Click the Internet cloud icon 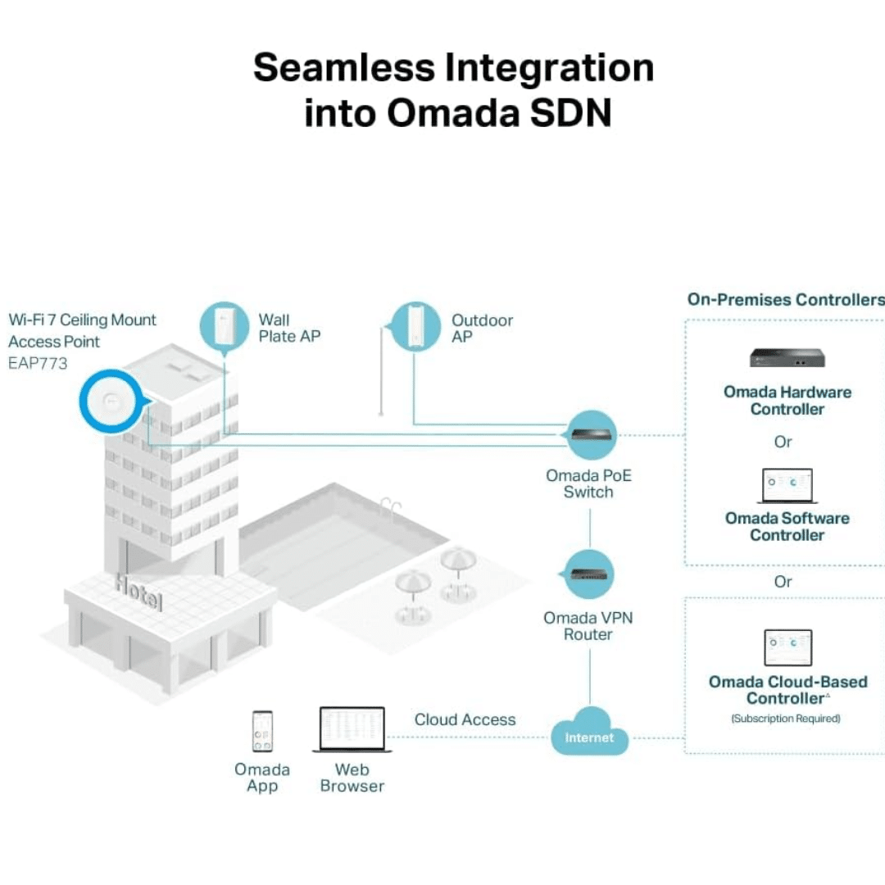click(x=589, y=732)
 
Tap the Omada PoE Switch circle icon click(x=590, y=434)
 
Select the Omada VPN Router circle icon click(x=588, y=574)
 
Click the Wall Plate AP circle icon click(x=225, y=327)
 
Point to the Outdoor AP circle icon click(x=415, y=327)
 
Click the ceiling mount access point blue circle click(x=111, y=402)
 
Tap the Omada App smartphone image click(x=262, y=731)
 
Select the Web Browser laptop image click(x=352, y=729)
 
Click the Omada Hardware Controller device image click(x=787, y=358)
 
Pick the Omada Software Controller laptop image click(x=787, y=485)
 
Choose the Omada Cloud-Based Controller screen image click(x=788, y=647)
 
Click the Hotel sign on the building click(x=138, y=592)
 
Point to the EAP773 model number click(x=38, y=363)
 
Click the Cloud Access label click(x=465, y=719)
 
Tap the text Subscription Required click(x=786, y=719)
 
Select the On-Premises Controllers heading click(x=786, y=299)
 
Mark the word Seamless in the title click(x=344, y=68)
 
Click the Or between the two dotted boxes click(x=783, y=581)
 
